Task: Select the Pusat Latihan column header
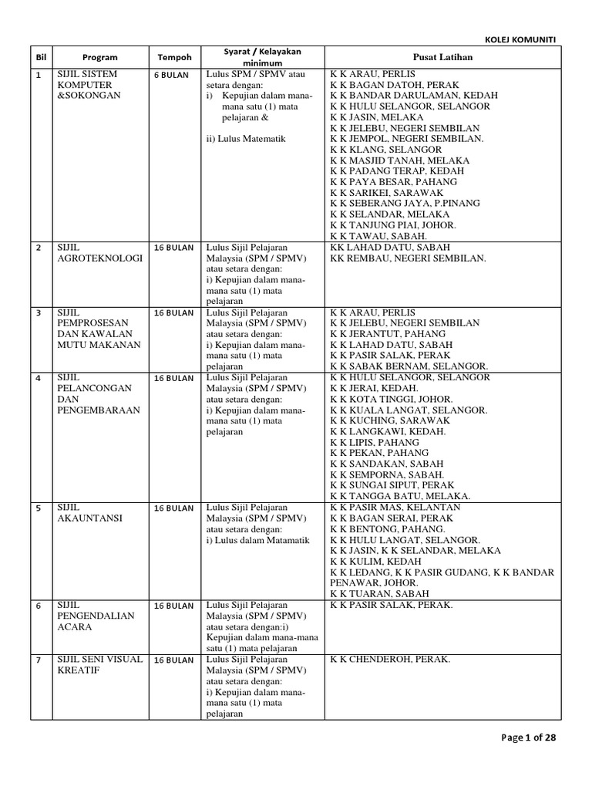tap(442, 57)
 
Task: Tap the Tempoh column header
tap(174, 57)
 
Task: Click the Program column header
tap(99, 57)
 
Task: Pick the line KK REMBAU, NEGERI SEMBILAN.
tap(408, 258)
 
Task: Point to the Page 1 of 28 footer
tap(528, 738)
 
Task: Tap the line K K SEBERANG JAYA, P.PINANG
tap(405, 204)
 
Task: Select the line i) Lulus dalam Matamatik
tap(257, 540)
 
